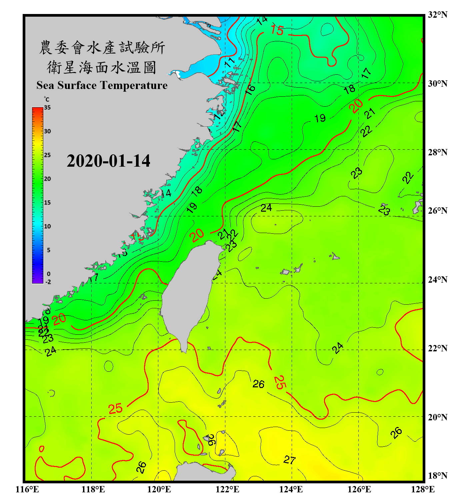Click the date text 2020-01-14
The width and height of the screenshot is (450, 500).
(x=108, y=161)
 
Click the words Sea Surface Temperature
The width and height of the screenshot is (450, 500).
(x=102, y=85)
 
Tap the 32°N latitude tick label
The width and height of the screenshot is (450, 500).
(x=437, y=15)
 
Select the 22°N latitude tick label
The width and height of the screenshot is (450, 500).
(x=437, y=348)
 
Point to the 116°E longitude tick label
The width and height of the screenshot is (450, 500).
(x=27, y=489)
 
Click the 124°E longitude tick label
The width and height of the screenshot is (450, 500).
(x=291, y=489)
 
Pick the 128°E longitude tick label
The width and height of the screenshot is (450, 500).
(x=423, y=489)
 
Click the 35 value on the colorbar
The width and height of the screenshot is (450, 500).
(x=47, y=107)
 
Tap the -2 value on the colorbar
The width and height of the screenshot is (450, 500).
(x=48, y=282)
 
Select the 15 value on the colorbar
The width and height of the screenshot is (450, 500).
(x=47, y=202)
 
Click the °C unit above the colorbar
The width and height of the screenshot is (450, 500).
(x=47, y=99)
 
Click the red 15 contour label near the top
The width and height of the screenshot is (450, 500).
(x=277, y=30)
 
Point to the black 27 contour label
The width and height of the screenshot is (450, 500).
(x=289, y=460)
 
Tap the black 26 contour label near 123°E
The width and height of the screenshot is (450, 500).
(x=258, y=384)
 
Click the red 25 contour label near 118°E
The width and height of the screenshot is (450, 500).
(x=115, y=409)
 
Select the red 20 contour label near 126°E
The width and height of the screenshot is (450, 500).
(x=356, y=106)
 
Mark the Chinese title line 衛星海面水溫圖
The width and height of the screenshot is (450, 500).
(x=102, y=67)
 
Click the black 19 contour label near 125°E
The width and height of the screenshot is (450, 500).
(x=320, y=118)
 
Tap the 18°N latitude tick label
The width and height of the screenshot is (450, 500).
(x=437, y=476)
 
